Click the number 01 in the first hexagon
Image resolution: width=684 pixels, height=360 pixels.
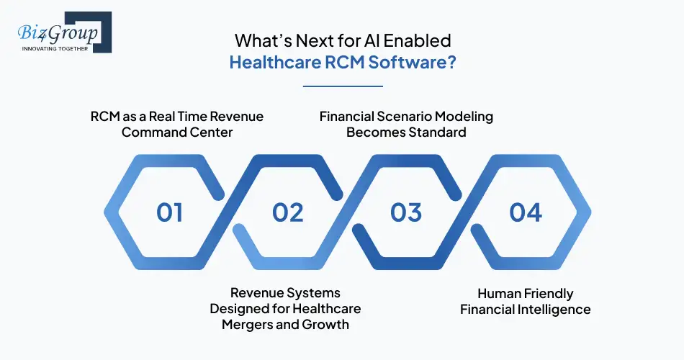coord(170,212)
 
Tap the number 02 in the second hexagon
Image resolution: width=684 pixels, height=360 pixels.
coord(288,212)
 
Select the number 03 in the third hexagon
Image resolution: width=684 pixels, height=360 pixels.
coord(406,212)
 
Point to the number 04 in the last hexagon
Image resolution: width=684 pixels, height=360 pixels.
coord(525,212)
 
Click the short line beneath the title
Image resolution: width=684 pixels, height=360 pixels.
coord(343,86)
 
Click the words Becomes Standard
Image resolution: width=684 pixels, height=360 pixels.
coord(406,132)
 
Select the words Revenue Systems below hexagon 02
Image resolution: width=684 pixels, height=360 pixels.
coord(285,293)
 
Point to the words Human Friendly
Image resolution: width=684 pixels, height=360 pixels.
coord(526,293)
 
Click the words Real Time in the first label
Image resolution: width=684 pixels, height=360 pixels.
coord(163,116)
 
